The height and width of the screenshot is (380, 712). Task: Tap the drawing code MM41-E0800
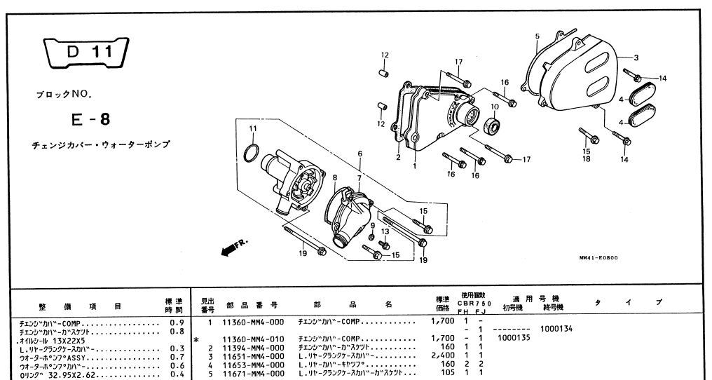click(x=598, y=257)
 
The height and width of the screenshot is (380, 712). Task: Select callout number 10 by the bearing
click(x=494, y=107)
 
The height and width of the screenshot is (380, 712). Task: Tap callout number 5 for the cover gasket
click(x=537, y=35)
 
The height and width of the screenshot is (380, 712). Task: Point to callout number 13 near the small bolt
click(x=385, y=232)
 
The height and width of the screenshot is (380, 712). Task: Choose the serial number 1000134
click(x=559, y=329)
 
